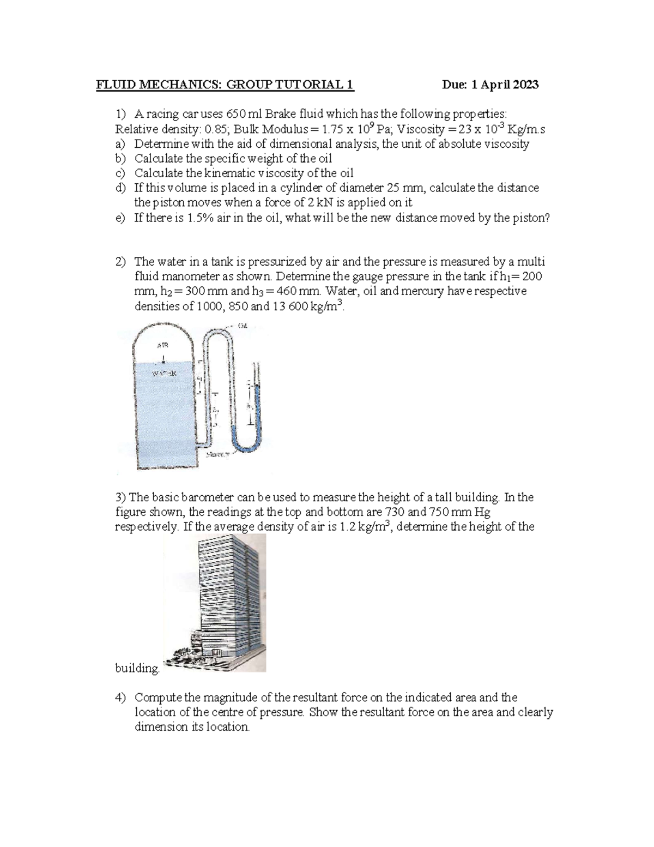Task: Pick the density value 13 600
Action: pyautogui.click(x=289, y=306)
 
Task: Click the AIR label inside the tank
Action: pyautogui.click(x=162, y=345)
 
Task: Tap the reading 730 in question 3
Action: pyautogui.click(x=395, y=512)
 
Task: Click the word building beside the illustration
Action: pyautogui.click(x=137, y=668)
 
